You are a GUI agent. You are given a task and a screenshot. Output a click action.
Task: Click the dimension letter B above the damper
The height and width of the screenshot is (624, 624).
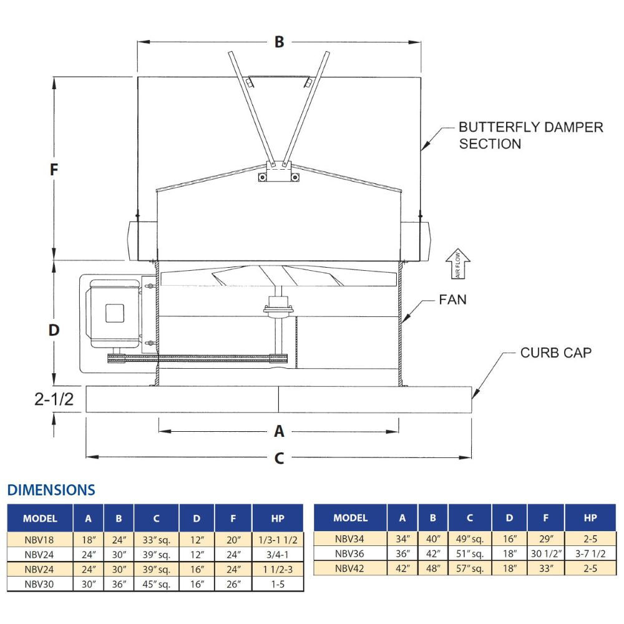coord(279,42)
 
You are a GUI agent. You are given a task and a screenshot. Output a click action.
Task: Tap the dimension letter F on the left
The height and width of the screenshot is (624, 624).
coord(54,170)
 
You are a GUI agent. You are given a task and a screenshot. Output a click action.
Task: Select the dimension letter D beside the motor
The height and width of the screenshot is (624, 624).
coord(54,330)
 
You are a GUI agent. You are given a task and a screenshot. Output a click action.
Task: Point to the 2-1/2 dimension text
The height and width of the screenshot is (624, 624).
coord(54,399)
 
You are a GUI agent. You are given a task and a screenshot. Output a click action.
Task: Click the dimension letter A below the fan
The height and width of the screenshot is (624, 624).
coord(279,431)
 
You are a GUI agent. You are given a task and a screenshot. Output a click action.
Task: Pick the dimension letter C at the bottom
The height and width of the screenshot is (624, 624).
coord(279,457)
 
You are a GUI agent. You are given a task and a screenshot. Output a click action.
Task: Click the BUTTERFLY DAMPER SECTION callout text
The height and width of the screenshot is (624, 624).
coord(530,135)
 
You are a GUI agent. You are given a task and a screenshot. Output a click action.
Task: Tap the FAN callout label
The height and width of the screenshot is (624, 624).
coord(452,300)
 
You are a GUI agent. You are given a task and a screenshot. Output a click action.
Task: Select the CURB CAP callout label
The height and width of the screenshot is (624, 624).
coord(556,353)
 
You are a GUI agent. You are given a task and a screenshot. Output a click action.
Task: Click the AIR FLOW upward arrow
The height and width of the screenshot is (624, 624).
coord(459,263)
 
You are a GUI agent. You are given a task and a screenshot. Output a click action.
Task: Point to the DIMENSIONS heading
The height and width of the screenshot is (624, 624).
coord(51,490)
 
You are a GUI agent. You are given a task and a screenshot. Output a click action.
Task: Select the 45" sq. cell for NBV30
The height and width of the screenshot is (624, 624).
coord(156,584)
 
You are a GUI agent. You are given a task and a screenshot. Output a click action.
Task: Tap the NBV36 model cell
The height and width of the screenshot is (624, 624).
coord(350,553)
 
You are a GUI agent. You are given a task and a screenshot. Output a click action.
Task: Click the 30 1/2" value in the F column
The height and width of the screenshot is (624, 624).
coord(546,553)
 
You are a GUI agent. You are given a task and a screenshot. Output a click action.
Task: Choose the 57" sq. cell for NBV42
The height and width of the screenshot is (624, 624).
coord(469,568)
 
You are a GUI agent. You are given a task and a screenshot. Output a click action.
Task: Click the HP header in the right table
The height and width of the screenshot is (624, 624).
coord(590,518)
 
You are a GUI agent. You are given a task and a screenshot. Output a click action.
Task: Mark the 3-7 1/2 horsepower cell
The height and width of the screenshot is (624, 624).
coord(590,553)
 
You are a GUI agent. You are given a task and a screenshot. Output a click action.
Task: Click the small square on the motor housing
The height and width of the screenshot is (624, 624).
coord(114,312)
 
